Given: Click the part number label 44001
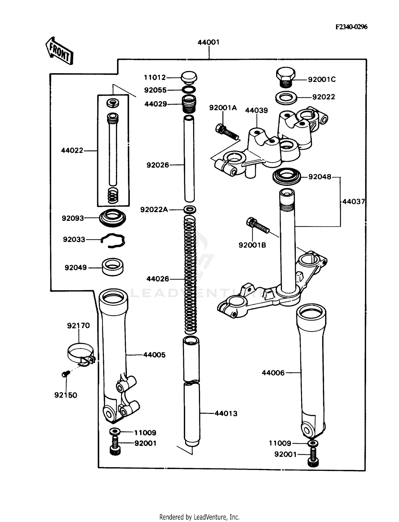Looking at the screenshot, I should coord(208,42).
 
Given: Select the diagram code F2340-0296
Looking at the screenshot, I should coord(351,27).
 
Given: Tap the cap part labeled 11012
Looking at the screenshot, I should coord(189,77).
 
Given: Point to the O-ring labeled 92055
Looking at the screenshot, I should coord(189,90).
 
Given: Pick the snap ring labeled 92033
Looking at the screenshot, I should coord(113,240).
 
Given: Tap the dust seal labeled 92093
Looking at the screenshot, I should coord(113,218).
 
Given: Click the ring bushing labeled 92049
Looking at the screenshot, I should coord(113,267).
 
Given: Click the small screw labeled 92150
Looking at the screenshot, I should coord(65,374).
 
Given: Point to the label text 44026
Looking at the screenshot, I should coord(158,279).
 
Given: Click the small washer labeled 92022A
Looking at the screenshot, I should coord(190,210).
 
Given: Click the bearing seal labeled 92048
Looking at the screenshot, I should coord(287,176).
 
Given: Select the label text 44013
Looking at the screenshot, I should coord(226,413).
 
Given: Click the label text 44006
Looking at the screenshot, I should coord(273,373).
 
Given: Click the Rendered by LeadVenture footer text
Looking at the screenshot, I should coord(199,517).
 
